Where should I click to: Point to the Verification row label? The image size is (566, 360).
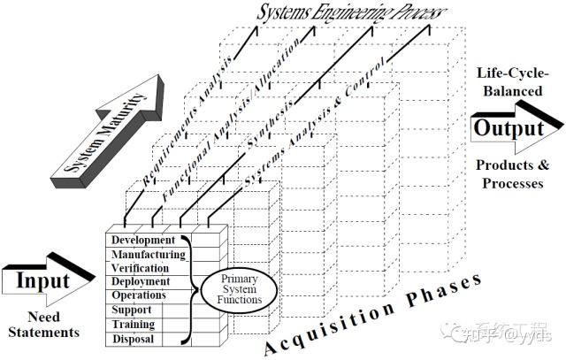coord(141,268)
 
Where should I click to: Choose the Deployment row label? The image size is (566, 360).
coord(140,281)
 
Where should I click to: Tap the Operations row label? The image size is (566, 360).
coord(139,295)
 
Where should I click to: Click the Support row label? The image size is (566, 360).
coord(131,310)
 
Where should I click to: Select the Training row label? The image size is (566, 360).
coord(133,325)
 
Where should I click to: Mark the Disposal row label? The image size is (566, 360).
coord(133,339)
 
